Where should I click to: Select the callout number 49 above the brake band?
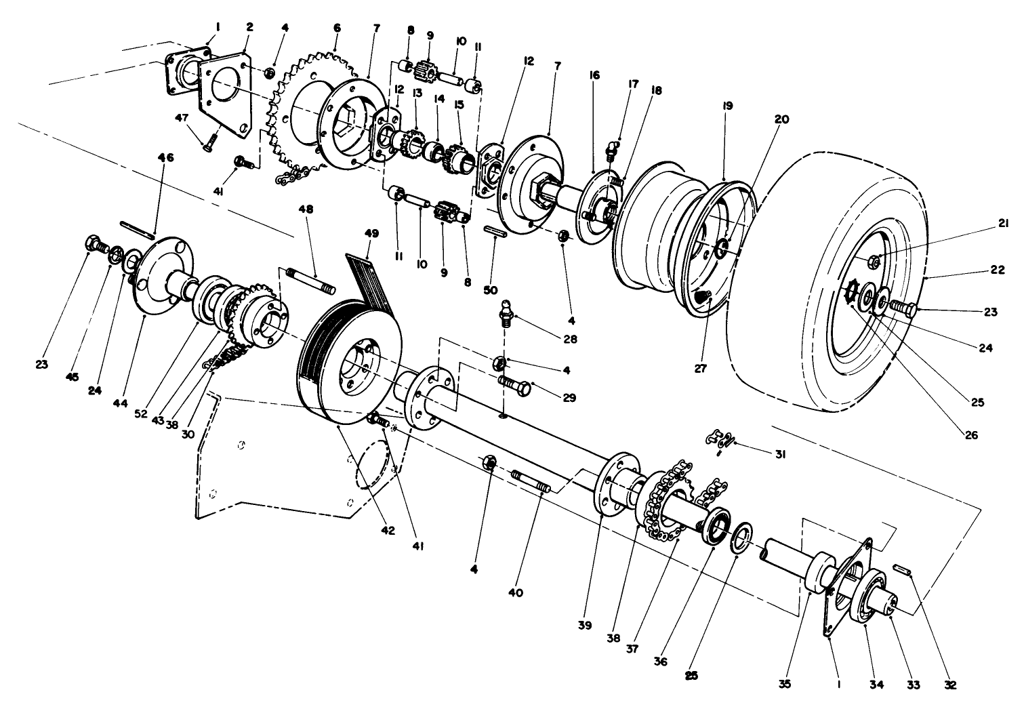click(x=371, y=234)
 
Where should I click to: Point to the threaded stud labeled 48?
click(x=309, y=281)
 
